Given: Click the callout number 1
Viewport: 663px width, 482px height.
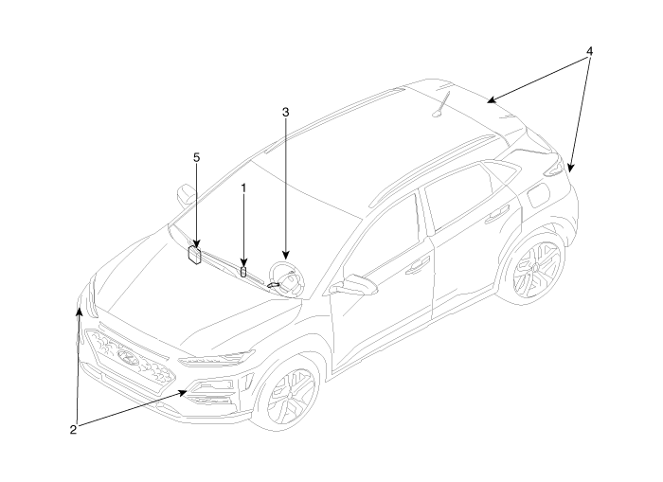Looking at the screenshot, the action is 243,188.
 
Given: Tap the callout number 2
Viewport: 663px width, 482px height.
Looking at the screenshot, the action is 73,430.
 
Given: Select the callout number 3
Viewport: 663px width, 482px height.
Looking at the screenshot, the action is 285,113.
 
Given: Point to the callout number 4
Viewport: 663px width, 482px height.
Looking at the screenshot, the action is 589,51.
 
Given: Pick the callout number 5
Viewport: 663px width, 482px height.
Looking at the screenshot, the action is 196,158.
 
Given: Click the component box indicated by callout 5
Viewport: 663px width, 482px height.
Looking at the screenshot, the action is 194,255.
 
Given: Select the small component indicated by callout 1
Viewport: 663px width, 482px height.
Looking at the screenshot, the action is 243,272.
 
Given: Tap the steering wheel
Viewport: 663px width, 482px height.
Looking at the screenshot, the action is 287,278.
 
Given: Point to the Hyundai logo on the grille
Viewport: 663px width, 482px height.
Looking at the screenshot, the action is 128,358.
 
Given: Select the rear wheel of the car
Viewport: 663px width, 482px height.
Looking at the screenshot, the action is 537,268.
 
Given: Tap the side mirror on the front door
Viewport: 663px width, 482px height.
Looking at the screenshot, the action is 353,284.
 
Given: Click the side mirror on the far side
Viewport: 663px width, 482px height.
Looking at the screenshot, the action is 186,195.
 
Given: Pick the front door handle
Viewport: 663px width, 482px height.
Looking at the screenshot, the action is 418,267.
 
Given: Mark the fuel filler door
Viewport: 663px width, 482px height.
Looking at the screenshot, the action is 538,194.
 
